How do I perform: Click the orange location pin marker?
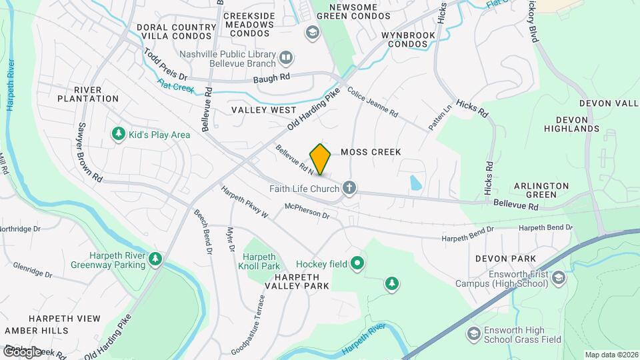[321, 159]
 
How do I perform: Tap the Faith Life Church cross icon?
[348, 187]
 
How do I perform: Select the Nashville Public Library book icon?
[286, 58]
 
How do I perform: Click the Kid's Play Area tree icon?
[119, 134]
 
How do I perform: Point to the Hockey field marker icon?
[357, 264]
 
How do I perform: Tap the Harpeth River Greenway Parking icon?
[155, 258]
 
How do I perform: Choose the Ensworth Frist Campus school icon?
[559, 277]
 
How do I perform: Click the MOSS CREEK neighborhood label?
[371, 152]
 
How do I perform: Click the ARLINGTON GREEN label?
[541, 190]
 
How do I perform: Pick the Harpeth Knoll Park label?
[261, 261]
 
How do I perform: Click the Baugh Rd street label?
[272, 78]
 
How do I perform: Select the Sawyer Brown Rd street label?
[89, 153]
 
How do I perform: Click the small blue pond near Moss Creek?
[416, 182]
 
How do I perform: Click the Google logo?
[21, 351]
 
